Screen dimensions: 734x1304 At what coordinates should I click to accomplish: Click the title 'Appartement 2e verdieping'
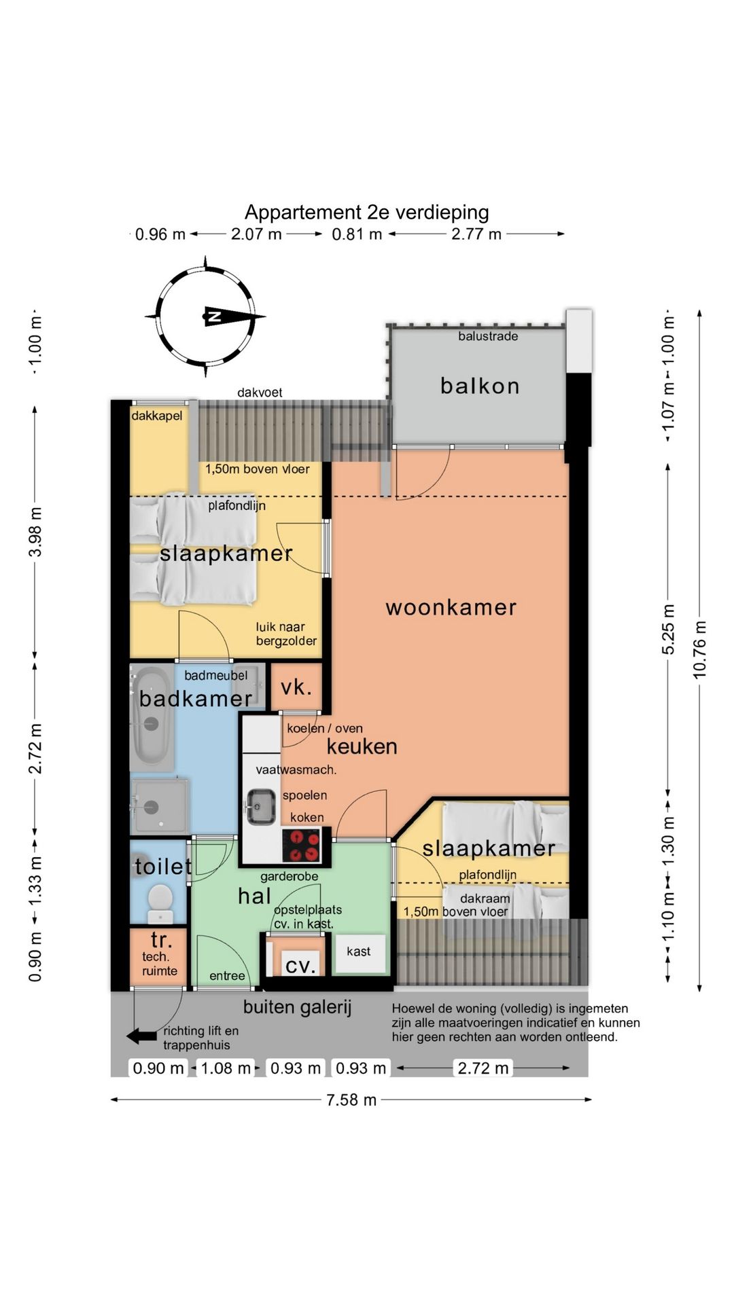tap(366, 213)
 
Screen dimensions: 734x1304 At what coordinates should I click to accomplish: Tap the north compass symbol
tap(205, 316)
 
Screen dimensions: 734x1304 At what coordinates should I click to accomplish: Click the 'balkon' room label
tap(480, 386)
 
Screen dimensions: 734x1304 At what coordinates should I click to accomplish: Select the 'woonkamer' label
tap(451, 607)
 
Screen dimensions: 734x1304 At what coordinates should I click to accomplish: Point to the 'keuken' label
tap(362, 746)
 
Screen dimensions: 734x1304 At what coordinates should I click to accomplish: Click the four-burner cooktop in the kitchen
tap(302, 846)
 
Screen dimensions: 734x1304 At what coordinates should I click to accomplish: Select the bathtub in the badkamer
tap(150, 717)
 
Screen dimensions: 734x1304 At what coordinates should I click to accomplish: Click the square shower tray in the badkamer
tap(159, 806)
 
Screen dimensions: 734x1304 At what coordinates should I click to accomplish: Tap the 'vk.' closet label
tap(296, 687)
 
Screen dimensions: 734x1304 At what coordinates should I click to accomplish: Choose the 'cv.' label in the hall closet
tap(300, 965)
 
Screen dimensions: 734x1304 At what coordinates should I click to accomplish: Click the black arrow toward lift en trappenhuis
tap(142, 1036)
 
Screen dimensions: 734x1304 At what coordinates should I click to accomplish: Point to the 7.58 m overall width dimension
tap(351, 1100)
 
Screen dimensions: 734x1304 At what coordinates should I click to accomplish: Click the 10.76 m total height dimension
tap(700, 649)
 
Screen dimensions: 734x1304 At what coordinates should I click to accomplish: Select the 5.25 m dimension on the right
tap(669, 630)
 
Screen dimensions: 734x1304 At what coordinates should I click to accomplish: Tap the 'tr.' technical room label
tap(161, 940)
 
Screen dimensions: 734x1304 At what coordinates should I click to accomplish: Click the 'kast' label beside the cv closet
tap(359, 952)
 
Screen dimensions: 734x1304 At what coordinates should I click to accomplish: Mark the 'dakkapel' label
tap(157, 416)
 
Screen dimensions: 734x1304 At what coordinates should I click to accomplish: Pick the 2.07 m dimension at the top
tap(256, 234)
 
